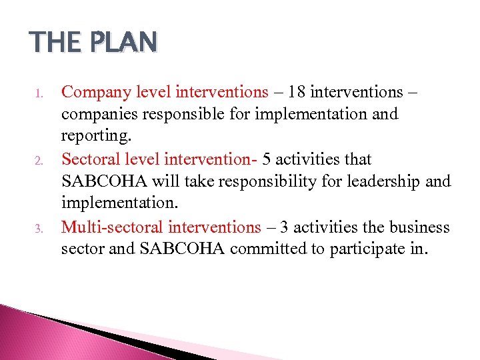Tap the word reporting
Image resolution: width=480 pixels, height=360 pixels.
94,137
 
